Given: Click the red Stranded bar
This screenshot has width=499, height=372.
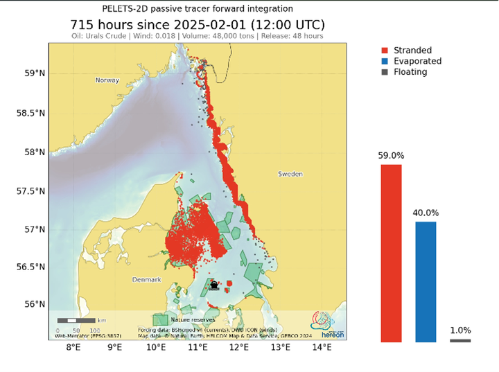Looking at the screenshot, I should (391, 253).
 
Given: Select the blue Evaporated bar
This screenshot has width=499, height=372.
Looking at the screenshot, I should (426, 281).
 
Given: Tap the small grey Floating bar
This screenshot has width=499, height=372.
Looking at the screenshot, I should (460, 340).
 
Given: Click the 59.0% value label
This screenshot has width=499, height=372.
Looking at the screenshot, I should (391, 156).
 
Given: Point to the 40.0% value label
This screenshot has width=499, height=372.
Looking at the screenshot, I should (426, 213).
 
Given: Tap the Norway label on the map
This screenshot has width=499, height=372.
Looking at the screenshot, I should (107, 80).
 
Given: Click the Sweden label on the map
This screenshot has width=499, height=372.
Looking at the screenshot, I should (290, 174).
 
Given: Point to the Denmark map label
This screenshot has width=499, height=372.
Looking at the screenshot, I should (146, 279).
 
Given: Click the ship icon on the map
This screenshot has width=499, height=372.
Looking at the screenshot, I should (214, 285).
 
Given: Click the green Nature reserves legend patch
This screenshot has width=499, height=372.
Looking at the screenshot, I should (161, 319).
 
